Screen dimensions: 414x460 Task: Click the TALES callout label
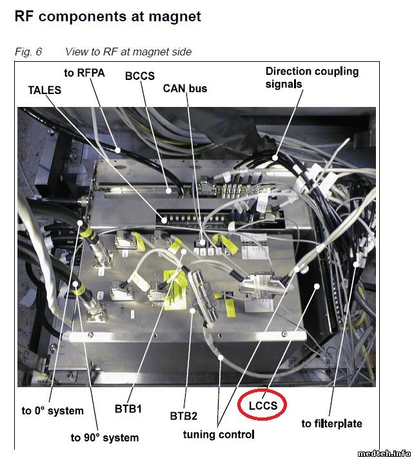(44, 90)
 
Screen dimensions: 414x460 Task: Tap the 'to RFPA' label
(84, 73)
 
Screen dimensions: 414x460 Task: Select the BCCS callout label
(140, 76)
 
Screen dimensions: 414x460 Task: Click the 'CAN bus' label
(185, 88)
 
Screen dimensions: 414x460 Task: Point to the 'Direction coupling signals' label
(312, 77)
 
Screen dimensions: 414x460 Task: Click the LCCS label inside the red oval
(263, 406)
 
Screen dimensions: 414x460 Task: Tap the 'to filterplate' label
(332, 423)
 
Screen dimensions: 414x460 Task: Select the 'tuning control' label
(219, 434)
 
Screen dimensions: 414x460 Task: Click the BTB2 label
(184, 416)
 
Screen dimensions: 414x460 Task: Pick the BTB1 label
(128, 408)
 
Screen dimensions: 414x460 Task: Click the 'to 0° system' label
(53, 410)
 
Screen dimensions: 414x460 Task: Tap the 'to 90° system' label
(104, 437)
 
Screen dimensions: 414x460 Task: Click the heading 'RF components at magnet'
(108, 17)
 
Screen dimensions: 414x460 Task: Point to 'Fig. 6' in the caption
(28, 52)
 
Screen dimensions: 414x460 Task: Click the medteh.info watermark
(384, 454)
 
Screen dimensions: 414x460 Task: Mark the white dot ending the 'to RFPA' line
(117, 150)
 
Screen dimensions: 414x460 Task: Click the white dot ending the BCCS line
(168, 191)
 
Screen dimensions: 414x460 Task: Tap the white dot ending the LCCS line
(317, 286)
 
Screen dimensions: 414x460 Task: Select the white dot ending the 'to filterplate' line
(355, 264)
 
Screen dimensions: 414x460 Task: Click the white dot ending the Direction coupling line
(275, 158)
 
